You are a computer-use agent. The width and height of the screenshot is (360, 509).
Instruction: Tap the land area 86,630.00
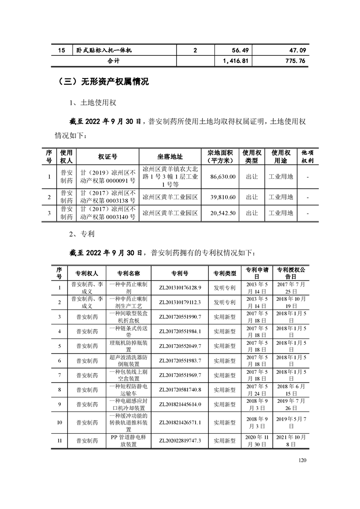[x=223, y=176]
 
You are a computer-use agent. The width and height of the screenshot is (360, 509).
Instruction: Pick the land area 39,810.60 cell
[x=223, y=197]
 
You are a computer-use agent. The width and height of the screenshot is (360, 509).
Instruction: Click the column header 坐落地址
[x=170, y=157]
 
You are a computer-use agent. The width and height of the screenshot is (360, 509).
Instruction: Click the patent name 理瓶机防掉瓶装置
[x=128, y=346]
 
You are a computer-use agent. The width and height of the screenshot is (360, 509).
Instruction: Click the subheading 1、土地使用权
[x=94, y=103]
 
